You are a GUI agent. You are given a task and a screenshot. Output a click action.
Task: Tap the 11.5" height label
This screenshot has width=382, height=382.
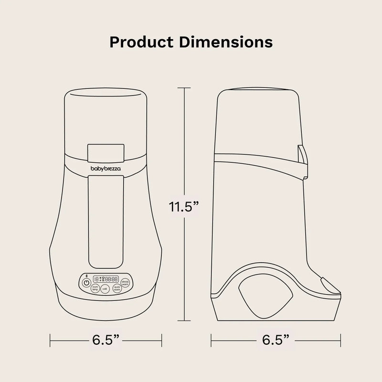[184, 207]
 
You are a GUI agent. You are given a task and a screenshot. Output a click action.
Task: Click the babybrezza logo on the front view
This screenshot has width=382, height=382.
[106, 168]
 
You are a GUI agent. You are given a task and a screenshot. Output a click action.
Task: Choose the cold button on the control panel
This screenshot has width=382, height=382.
[105, 289]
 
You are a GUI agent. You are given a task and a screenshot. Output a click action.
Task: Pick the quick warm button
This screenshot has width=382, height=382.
[117, 288]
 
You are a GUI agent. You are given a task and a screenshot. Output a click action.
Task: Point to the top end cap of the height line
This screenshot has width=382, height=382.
[184, 87]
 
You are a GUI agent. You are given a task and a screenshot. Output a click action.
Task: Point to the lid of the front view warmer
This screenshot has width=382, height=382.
[106, 105]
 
